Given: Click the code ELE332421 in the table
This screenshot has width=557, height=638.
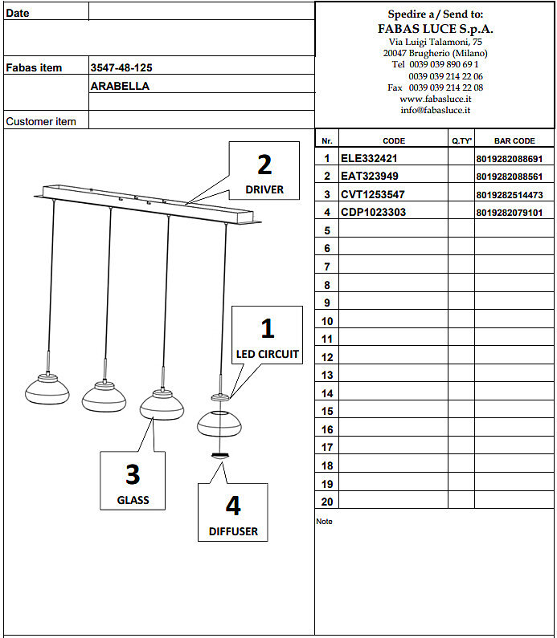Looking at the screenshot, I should click(369, 159).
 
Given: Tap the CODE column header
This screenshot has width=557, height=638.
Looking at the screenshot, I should click(394, 140).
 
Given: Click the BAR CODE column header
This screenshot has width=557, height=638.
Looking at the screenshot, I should click(514, 140).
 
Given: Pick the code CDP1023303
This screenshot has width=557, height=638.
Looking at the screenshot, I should click(373, 213).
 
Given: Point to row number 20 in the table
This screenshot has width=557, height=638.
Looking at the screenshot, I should click(326, 502).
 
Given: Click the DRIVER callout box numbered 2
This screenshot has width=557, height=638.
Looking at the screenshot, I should click(264, 172).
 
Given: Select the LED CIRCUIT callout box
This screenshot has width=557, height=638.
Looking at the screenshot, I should click(267, 335).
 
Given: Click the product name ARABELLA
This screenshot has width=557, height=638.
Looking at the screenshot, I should click(120, 86).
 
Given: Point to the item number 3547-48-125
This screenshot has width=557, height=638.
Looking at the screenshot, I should click(120, 68).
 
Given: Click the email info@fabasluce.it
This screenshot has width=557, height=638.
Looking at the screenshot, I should click(435, 110).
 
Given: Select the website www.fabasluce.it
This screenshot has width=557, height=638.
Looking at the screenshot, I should click(435, 99).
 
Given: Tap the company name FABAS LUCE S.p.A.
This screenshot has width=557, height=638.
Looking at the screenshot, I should click(435, 28).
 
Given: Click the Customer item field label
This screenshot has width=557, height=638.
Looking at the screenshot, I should click(41, 121).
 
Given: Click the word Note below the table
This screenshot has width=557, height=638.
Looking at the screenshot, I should click(324, 522).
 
